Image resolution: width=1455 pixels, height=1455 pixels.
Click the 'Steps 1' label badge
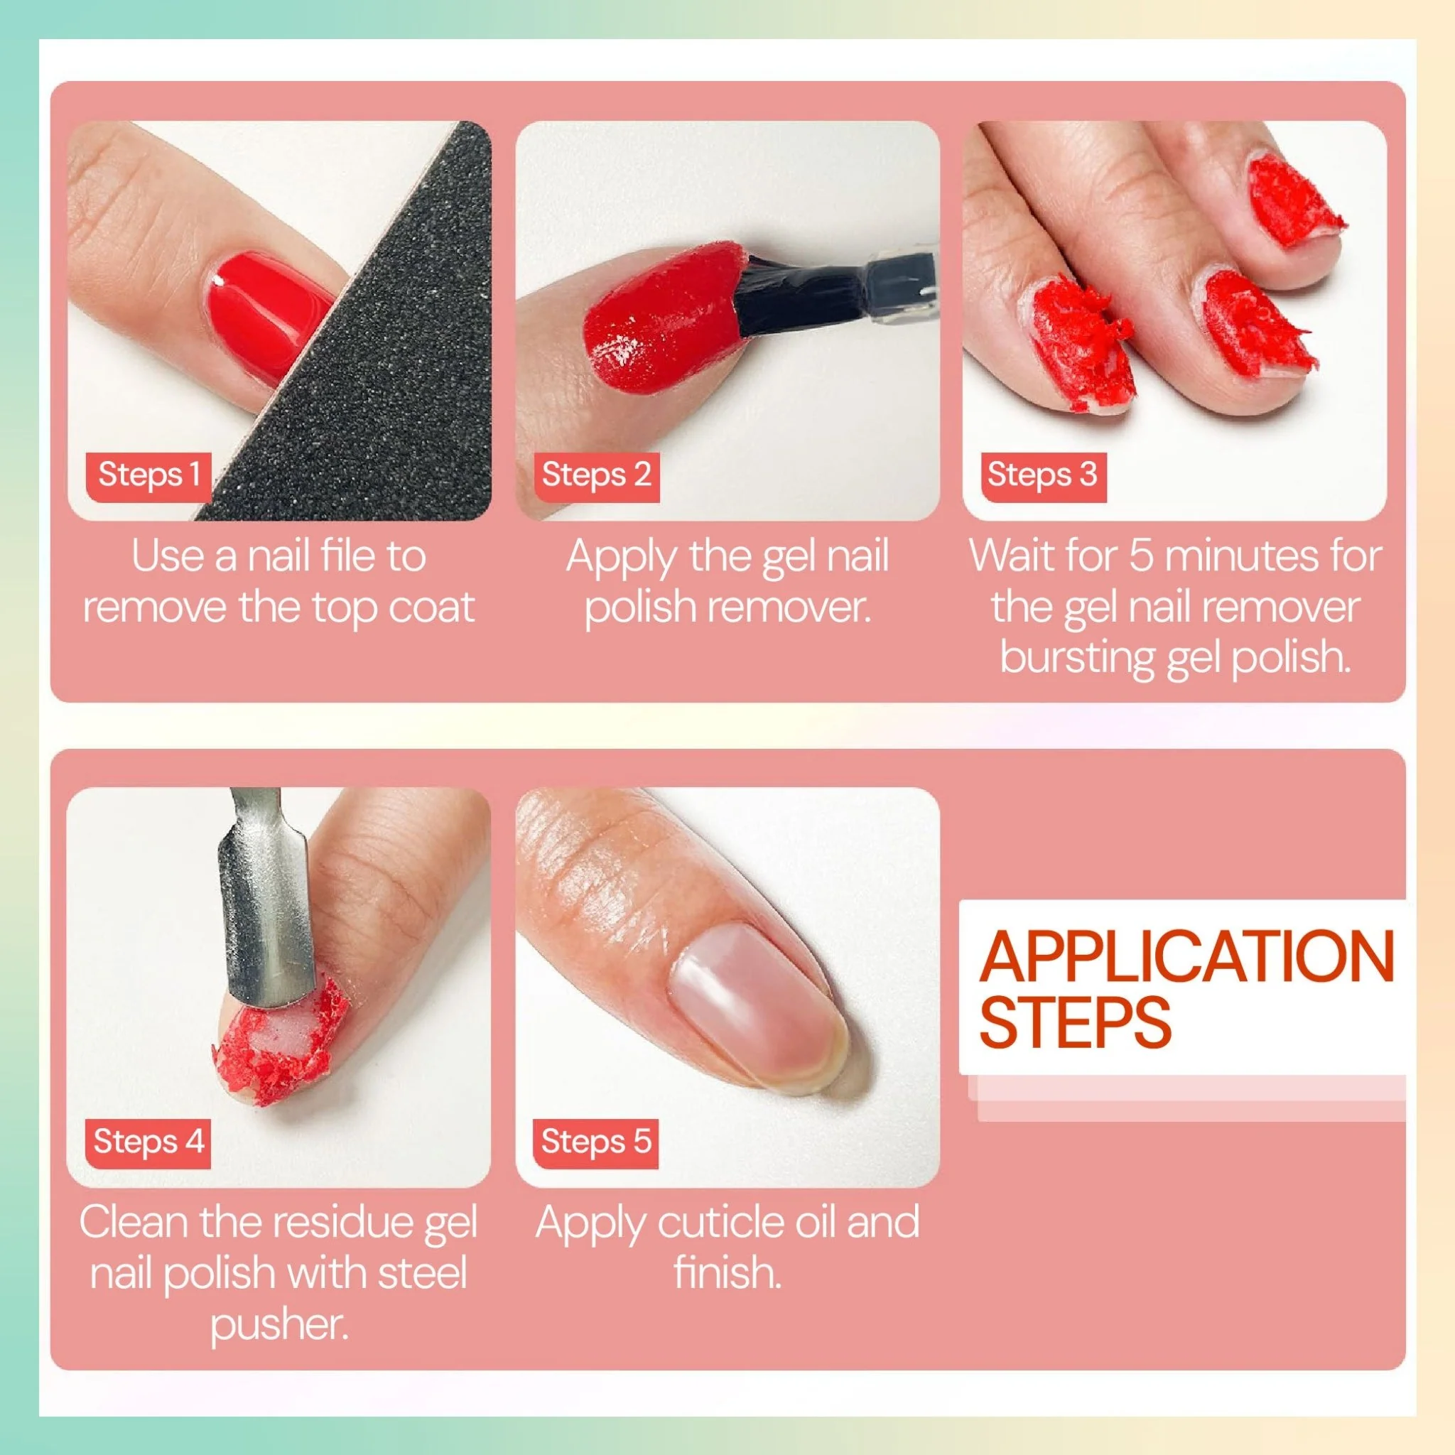click(x=148, y=476)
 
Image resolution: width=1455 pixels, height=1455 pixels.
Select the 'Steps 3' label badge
click(x=1043, y=476)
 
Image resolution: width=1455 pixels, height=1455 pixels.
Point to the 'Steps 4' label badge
click(x=148, y=1142)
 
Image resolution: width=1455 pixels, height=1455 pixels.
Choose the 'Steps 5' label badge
click(x=595, y=1142)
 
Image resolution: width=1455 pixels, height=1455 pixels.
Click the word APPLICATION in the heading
click(x=1186, y=956)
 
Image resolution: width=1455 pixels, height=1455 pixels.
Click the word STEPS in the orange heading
click(x=1076, y=1021)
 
